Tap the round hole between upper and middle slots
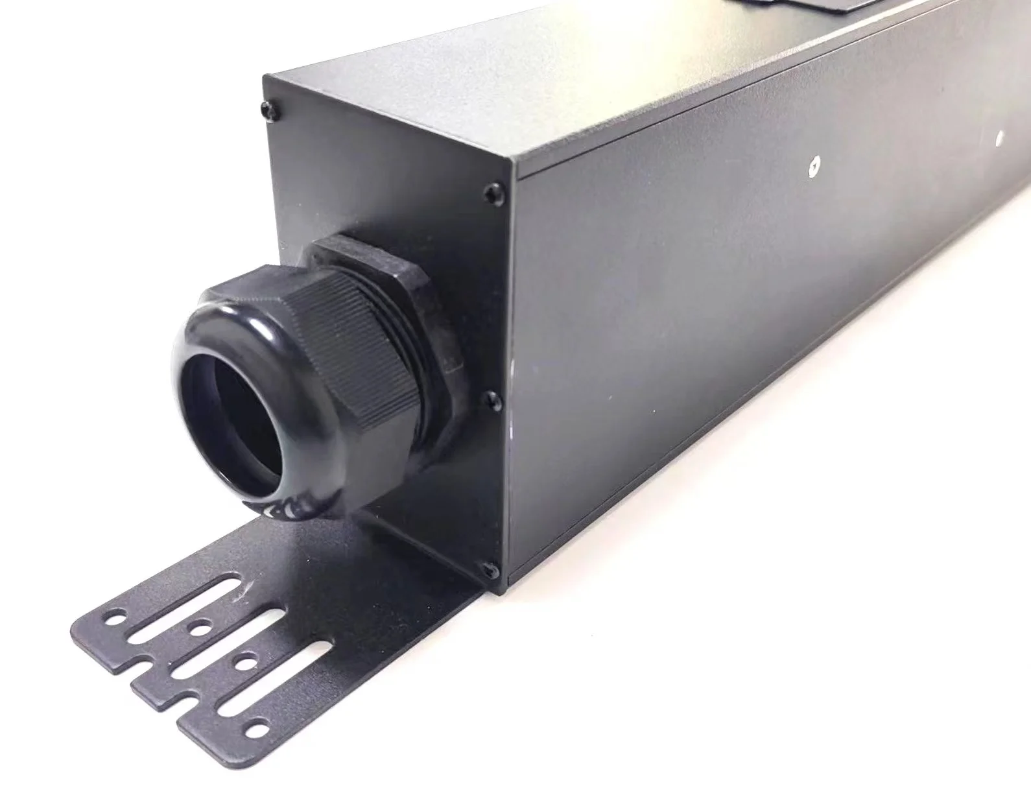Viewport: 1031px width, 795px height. [x=199, y=628]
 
